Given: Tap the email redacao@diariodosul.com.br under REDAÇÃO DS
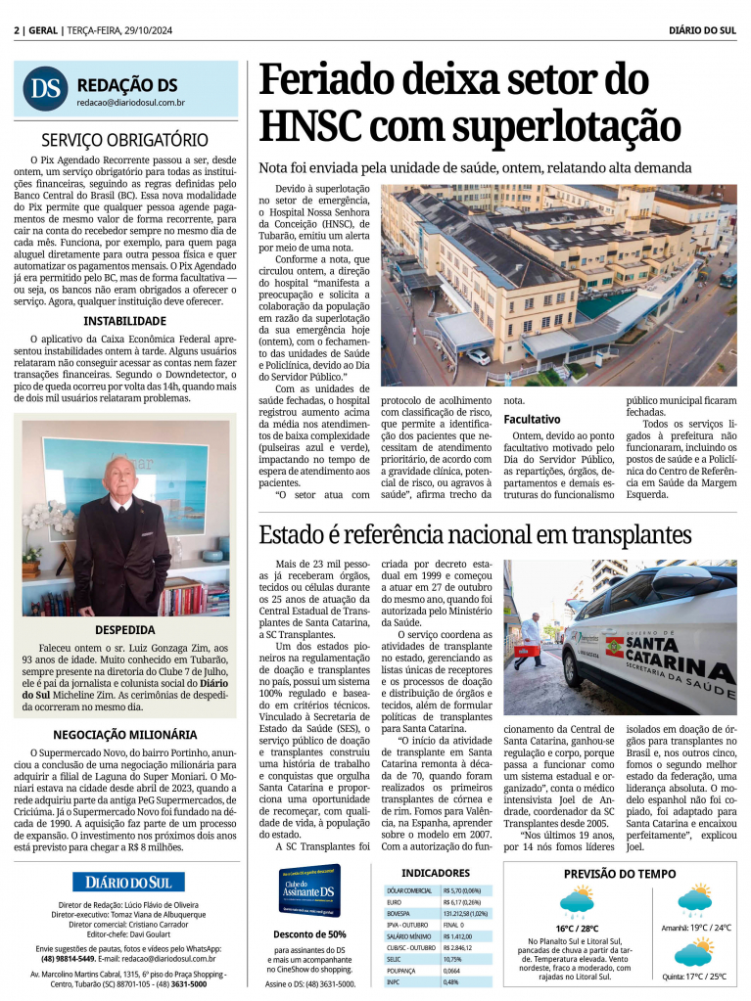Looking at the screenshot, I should click(x=131, y=103).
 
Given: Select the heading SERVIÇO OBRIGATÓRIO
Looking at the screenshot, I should click(x=124, y=141).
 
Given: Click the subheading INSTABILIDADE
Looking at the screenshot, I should click(x=124, y=320).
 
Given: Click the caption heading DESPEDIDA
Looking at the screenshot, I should click(x=124, y=630).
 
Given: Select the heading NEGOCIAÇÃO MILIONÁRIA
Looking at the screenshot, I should click(x=124, y=735).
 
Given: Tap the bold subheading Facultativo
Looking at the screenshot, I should click(x=532, y=419).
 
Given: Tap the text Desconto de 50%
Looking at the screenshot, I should click(x=310, y=934).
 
